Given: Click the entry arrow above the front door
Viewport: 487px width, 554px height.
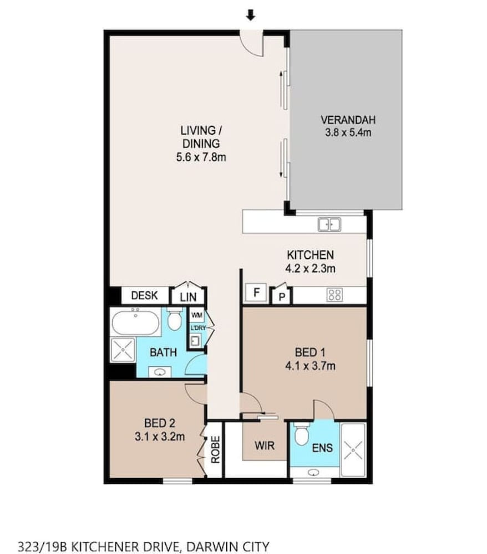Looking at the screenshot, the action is pos(250,15).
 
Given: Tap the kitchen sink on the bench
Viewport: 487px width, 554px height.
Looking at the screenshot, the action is pos(329,224).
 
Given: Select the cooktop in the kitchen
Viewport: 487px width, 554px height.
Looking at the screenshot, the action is pos(334,295).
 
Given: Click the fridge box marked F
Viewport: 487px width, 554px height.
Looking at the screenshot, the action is pos(257,293).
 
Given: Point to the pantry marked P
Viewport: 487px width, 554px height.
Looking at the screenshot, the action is pos(282,296).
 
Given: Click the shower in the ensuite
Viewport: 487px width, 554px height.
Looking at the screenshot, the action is pos(353,450).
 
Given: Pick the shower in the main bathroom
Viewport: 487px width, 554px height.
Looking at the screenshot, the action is pos(123,350).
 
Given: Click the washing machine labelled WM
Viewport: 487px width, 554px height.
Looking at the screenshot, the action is pos(197,315).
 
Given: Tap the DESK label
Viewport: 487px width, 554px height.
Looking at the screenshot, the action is pos(144,295).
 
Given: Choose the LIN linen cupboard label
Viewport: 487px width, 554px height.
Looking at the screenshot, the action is pos(188,297).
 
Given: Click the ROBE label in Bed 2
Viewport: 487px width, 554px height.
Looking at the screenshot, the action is pos(215,449).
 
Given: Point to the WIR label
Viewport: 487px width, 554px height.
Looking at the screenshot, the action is pos(265,445).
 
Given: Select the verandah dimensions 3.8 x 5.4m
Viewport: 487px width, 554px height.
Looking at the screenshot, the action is pos(348,133).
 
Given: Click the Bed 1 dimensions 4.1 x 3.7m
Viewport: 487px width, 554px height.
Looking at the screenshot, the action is pos(310,366).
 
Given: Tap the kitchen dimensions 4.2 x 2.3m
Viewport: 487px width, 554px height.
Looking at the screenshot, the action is pos(310,269).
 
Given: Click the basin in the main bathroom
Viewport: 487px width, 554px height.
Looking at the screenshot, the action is pos(160,372).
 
